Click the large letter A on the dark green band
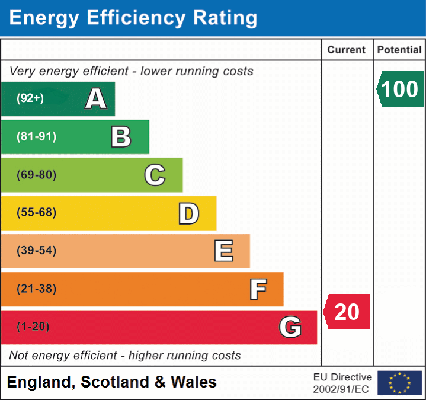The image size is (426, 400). click(96, 99)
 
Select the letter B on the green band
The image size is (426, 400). click(121, 137)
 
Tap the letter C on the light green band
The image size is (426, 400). click(155, 175)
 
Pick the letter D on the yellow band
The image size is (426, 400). click(188, 213)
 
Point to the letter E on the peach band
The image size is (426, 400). click(223, 251)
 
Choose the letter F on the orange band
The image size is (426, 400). click(257, 289)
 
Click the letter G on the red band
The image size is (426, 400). click(290, 327)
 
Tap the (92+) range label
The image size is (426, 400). click(30, 98)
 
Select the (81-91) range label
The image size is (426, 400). click(37, 136)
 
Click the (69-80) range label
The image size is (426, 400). click(37, 175)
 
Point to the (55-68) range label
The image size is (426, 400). click(37, 213)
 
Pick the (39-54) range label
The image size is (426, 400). click(37, 251)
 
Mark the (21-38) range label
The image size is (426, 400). click(37, 289)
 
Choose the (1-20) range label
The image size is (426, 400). click(33, 327)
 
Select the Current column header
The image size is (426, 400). click(347, 50)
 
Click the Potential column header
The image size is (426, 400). click(399, 50)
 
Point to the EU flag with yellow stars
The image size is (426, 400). click(399, 383)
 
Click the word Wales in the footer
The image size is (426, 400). click(193, 382)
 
